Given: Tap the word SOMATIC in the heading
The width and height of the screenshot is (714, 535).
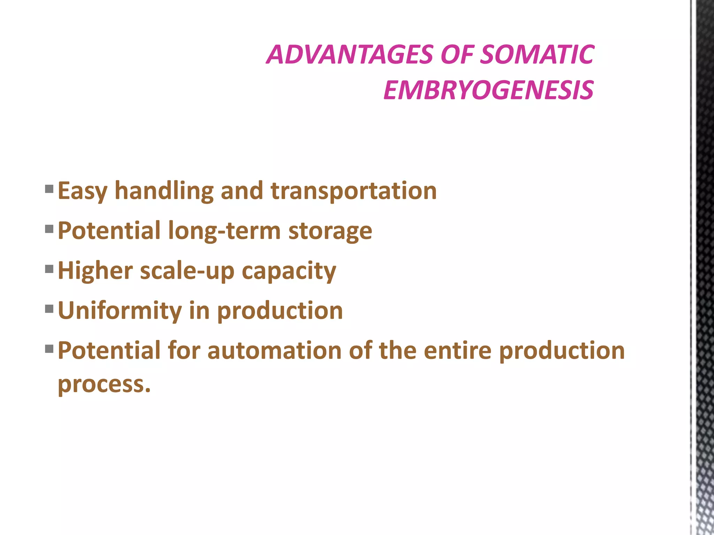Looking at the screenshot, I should click(x=537, y=55).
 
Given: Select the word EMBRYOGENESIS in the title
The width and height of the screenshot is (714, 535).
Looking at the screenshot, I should click(x=488, y=90).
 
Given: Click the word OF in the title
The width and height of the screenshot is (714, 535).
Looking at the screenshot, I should click(x=457, y=55).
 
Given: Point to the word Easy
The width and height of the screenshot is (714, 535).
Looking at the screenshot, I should click(x=83, y=191).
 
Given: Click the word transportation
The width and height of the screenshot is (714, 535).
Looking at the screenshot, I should click(x=354, y=191).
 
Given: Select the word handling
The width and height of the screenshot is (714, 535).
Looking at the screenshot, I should click(x=164, y=191).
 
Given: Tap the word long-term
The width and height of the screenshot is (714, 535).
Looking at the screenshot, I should click(x=224, y=231).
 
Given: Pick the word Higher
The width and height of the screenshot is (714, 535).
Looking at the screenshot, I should click(x=95, y=271).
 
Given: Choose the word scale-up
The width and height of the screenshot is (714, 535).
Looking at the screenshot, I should click(x=187, y=271).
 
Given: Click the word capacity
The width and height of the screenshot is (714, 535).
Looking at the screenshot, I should click(x=289, y=271).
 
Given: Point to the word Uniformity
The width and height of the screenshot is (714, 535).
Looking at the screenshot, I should click(x=120, y=311).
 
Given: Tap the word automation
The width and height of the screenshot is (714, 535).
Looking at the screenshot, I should click(x=274, y=350).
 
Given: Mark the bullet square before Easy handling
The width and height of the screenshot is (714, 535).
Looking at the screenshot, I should click(x=49, y=189).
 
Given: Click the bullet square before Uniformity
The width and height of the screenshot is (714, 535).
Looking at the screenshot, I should click(x=49, y=309).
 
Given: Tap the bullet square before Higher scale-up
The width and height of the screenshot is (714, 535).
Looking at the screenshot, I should click(x=49, y=269).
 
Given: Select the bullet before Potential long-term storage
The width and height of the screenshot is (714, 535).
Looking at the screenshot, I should click(x=49, y=229).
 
